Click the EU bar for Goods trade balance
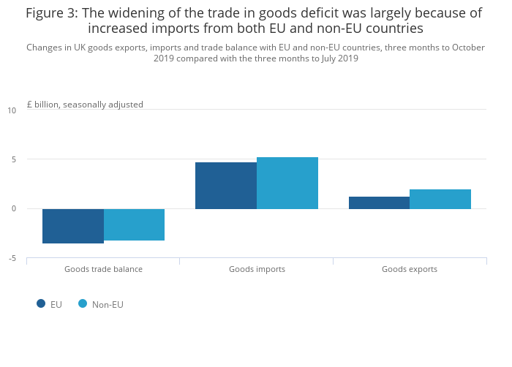point(73,226)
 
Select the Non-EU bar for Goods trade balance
point(134,224)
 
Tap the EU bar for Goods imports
point(226,186)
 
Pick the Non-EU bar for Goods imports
point(287,183)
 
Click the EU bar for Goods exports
point(379,203)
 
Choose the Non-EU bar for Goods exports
point(440,199)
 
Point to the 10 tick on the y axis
point(12,110)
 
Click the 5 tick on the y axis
point(12,159)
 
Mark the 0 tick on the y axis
point(12,209)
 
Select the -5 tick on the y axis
point(12,258)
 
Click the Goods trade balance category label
point(103,269)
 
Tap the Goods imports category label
point(257,269)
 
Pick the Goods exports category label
point(410,269)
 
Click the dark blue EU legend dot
point(41,303)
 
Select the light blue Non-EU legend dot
point(83,303)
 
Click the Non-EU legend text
point(108,304)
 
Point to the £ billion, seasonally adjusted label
point(85,105)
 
